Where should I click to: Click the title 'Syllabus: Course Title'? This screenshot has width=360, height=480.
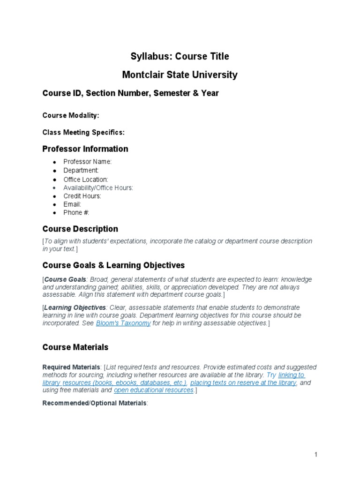click(180, 57)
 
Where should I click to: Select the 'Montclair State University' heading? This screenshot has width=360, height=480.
click(180, 75)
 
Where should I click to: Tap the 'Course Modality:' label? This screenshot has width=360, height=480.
click(71, 115)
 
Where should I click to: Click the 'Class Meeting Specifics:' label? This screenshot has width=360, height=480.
click(83, 133)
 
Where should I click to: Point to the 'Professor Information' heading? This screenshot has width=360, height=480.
click(85, 149)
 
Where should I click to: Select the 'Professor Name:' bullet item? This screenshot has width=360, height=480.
click(88, 162)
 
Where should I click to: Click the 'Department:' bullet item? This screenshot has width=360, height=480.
click(81, 171)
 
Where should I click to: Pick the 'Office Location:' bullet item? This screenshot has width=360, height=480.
click(86, 180)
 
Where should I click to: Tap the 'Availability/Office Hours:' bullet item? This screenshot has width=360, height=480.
click(98, 188)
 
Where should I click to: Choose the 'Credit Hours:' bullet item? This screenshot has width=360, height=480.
click(82, 196)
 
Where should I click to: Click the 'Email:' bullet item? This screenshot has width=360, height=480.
click(72, 204)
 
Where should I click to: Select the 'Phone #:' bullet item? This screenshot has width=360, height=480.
click(76, 213)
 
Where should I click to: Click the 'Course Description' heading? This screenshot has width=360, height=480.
click(80, 229)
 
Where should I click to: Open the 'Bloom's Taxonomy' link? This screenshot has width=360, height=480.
click(123, 323)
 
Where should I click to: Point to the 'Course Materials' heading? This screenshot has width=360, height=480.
click(75, 347)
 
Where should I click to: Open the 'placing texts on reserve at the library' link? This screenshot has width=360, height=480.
click(243, 382)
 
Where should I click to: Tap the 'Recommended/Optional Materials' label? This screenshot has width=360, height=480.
click(94, 403)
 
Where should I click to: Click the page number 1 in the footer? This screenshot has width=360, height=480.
click(316, 455)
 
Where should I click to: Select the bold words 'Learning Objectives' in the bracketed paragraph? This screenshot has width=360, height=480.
click(75, 307)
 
